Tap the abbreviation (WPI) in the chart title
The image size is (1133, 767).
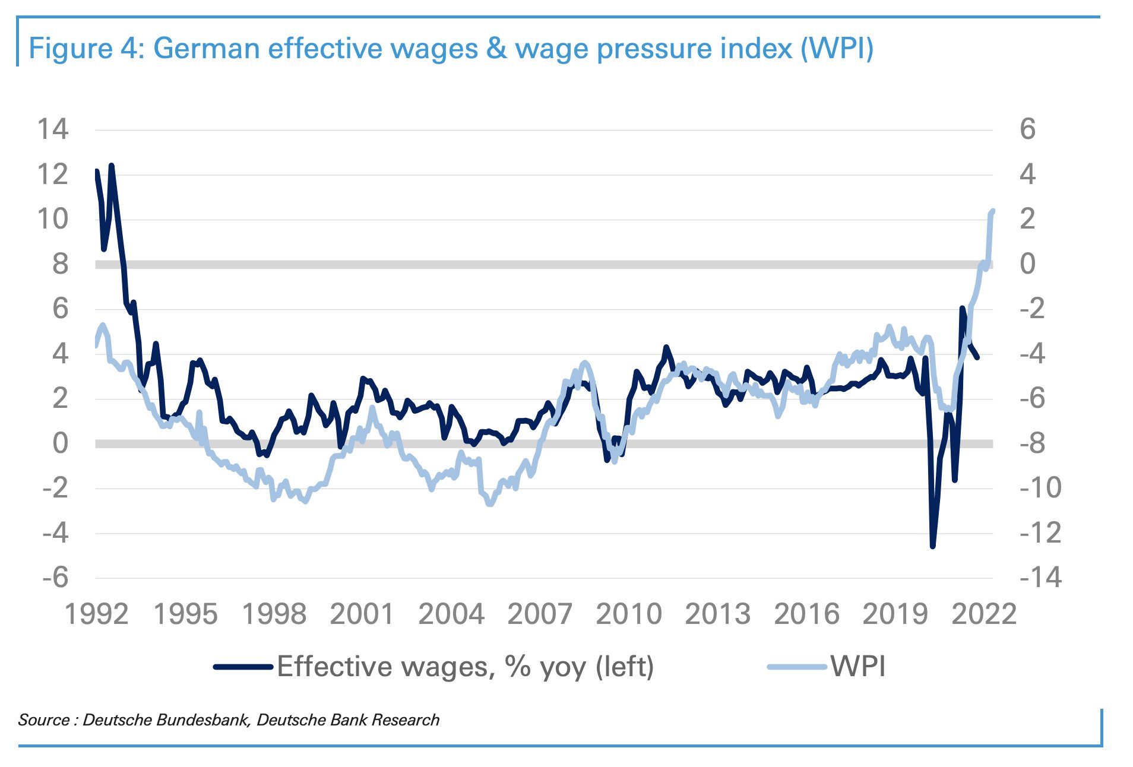tap(837, 49)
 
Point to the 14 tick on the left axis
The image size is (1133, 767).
tap(53, 129)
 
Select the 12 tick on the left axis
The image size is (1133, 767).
tap(53, 175)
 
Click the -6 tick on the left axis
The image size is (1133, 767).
tap(55, 578)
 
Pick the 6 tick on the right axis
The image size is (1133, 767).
tap(1028, 129)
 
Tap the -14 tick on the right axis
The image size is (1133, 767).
tap(1040, 578)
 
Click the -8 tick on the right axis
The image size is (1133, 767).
tap(1040, 443)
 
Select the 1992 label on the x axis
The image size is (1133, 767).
tap(96, 614)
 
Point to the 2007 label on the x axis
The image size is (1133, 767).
tap(540, 614)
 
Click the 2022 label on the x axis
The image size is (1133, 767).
tap(984, 614)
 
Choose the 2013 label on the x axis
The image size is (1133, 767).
tap(717, 614)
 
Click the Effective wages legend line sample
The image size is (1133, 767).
tap(243, 667)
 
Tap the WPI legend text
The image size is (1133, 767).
tap(858, 667)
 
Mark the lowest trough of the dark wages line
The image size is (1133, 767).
tap(932, 546)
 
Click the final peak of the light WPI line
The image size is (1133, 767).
tap(993, 211)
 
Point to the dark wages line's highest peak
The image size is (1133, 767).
tap(111, 166)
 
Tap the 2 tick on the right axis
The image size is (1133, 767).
tap(1028, 220)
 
